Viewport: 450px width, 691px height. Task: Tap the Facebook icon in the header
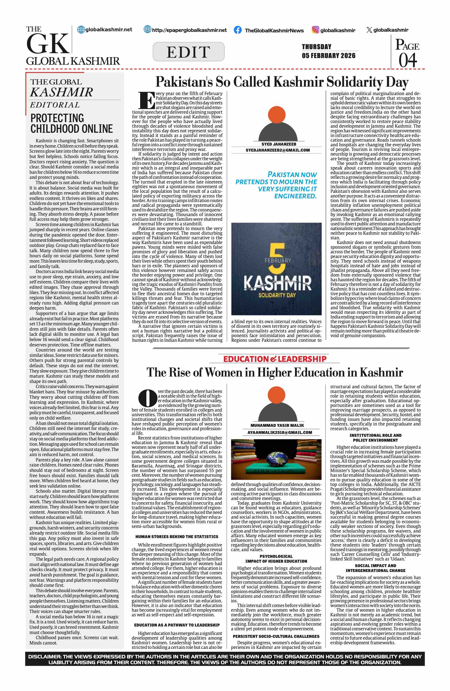coord(237,30)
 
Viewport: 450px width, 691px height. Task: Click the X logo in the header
coord(369,30)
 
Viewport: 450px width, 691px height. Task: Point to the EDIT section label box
coord(188,52)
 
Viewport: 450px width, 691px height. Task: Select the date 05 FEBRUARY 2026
coord(328,56)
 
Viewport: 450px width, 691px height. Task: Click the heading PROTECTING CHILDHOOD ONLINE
coord(71,123)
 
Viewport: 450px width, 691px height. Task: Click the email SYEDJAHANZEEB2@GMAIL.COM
coord(278,150)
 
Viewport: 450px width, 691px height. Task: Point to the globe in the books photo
coord(276,458)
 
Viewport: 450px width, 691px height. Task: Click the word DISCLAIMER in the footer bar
coord(44,657)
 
